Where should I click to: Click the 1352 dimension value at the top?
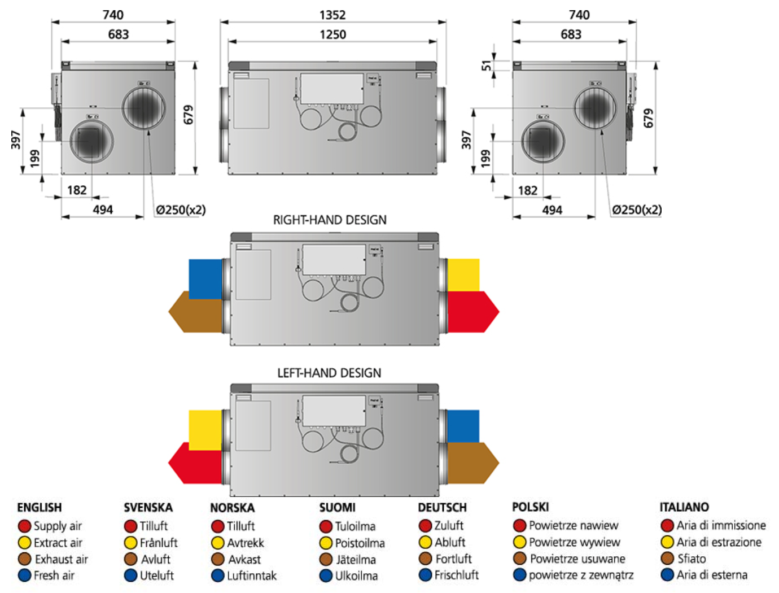332,15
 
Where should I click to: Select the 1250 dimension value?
332,34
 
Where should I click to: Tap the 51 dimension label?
487,66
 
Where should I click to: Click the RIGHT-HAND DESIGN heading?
330,220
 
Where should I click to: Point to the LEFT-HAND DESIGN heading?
329,373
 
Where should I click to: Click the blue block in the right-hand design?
205,278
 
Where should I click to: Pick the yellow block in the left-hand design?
205,429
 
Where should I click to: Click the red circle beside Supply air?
24,526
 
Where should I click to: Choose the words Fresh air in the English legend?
54,575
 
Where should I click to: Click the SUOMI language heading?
338,507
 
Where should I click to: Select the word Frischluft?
457,575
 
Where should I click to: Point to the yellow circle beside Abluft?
426,542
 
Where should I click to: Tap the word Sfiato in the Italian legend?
692,559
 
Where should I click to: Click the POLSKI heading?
531,507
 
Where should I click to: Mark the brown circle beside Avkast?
218,560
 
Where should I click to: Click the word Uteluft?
157,575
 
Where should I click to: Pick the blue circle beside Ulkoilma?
326,576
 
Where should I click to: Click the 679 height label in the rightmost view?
649,118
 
